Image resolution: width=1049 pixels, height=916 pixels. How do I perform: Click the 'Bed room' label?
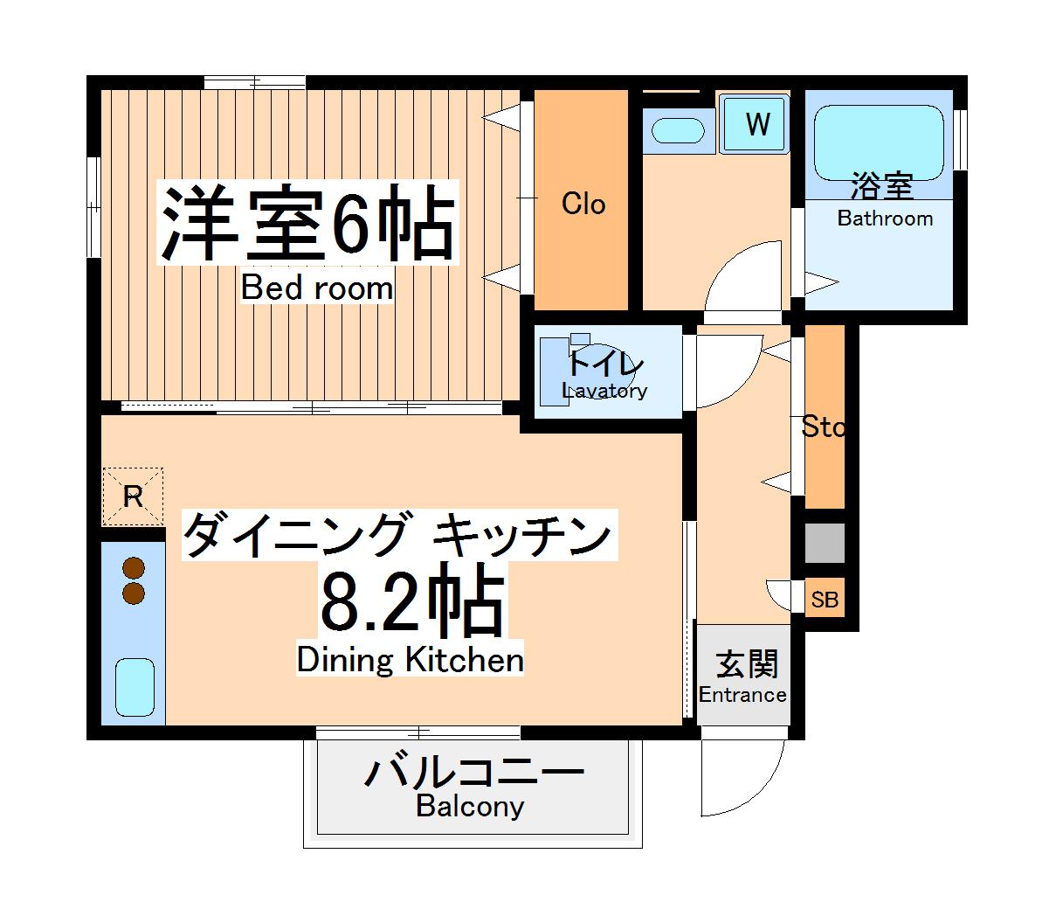pos(317,288)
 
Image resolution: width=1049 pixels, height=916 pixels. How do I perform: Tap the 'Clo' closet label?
pos(583,204)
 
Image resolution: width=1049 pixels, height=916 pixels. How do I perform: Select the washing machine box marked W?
pos(758,124)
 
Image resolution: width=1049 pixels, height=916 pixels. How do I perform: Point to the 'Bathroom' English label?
pos(885,219)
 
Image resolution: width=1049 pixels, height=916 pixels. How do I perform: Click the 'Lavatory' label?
pos(605,391)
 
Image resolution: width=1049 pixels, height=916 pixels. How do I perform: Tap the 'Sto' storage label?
pos(823,427)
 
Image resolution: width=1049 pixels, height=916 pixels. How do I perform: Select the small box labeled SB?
pos(825,600)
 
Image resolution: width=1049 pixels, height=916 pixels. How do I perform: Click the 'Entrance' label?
pos(743,695)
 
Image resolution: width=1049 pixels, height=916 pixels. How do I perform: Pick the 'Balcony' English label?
pos(470,806)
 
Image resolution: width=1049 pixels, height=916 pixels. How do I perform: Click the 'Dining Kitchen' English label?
pos(411,659)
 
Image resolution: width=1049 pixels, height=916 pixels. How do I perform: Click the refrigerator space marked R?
pos(133,496)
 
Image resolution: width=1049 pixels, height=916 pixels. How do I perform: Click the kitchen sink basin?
pos(135,687)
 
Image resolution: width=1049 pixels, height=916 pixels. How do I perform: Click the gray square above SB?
pos(825,543)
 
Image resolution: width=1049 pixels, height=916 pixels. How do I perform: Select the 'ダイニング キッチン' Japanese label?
pos(397,534)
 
